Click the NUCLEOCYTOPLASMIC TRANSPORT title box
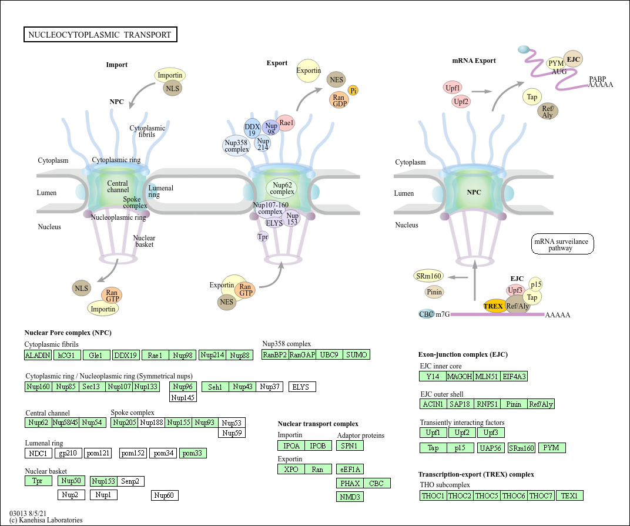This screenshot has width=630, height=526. [x=100, y=35]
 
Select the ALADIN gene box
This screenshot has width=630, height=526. [x=38, y=355]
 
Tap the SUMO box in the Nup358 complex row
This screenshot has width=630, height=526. [x=356, y=354]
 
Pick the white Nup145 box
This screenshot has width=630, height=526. [x=183, y=397]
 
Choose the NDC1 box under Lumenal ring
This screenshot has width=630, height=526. [x=38, y=453]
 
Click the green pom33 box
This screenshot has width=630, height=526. [x=193, y=453]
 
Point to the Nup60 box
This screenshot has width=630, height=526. [x=165, y=495]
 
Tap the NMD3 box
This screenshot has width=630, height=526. [x=350, y=497]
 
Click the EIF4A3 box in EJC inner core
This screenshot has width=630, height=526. [x=514, y=376]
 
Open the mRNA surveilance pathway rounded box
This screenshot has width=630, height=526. [x=562, y=244]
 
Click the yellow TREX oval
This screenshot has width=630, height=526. [x=494, y=306]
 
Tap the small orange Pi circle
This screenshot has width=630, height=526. [x=353, y=91]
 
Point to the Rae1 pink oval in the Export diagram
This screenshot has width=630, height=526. [x=286, y=123]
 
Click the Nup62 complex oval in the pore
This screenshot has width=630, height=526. [x=282, y=188]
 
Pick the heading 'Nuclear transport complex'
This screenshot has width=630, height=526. [x=318, y=424]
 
